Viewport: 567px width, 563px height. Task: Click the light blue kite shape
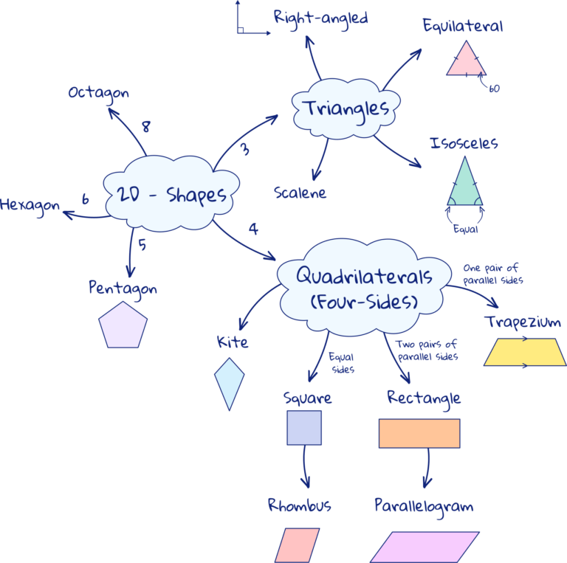[x=229, y=383]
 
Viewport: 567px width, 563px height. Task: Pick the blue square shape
[x=304, y=428]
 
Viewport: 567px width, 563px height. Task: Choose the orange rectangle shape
[x=419, y=433]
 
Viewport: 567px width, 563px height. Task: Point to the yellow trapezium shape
[x=524, y=352]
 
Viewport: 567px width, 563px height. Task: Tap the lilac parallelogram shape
[x=425, y=547]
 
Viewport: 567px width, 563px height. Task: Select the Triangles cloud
[x=346, y=109]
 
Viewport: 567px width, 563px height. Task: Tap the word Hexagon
[x=30, y=204]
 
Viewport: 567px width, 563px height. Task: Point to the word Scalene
[x=300, y=193]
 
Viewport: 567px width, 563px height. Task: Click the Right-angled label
[x=320, y=17]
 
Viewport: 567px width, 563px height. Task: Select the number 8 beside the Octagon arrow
[x=146, y=126]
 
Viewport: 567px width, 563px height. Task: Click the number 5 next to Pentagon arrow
[x=142, y=245]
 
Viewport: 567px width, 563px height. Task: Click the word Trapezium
[x=523, y=322]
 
